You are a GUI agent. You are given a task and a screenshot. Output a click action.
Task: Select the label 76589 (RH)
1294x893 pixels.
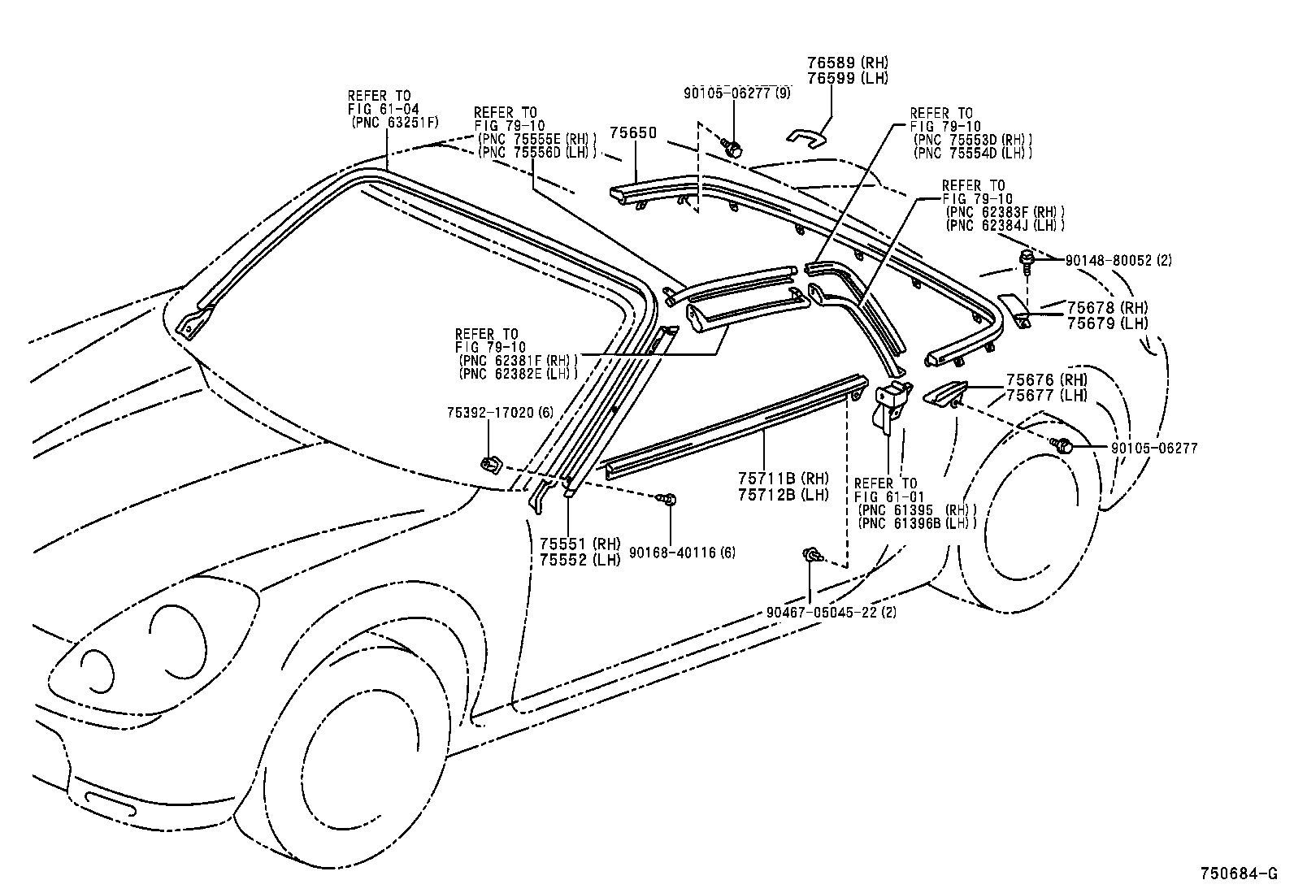coord(847,63)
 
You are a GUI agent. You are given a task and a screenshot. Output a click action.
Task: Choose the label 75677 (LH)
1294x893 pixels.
coord(1046,396)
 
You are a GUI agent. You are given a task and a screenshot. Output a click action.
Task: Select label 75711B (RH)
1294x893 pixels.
coord(784,478)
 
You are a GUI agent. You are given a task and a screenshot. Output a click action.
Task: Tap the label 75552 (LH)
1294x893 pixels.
coord(580,560)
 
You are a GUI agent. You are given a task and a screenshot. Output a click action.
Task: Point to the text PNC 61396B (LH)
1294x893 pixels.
coord(916,524)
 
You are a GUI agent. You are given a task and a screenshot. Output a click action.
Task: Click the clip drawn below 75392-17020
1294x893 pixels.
coord(491,465)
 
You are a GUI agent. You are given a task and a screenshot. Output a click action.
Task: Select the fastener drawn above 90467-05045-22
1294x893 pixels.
coord(812,555)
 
